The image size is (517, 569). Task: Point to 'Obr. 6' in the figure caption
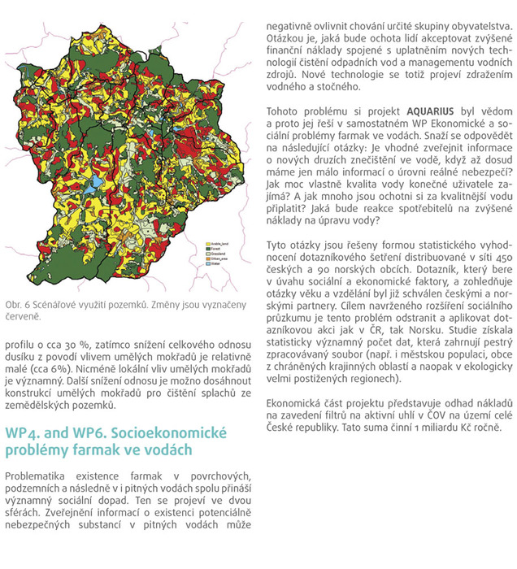(x=18, y=303)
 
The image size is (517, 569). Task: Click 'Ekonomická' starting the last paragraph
(x=296, y=403)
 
